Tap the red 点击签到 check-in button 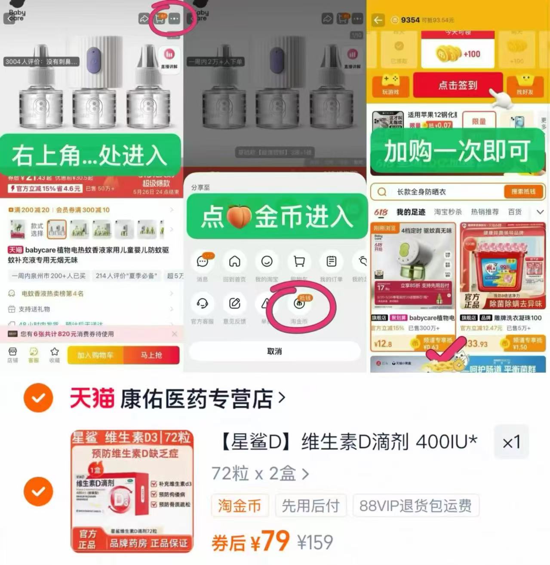[x=458, y=85]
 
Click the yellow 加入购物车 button [x=95, y=355]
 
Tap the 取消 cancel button [x=274, y=351]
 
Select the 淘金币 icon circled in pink [x=299, y=304]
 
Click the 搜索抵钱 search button [x=523, y=192]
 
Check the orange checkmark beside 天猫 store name [x=38, y=398]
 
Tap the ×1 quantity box [x=511, y=442]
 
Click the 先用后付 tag [x=310, y=506]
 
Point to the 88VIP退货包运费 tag [x=415, y=506]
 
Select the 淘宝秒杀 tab [x=447, y=212]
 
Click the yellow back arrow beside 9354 [x=378, y=20]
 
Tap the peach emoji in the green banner [x=239, y=216]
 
